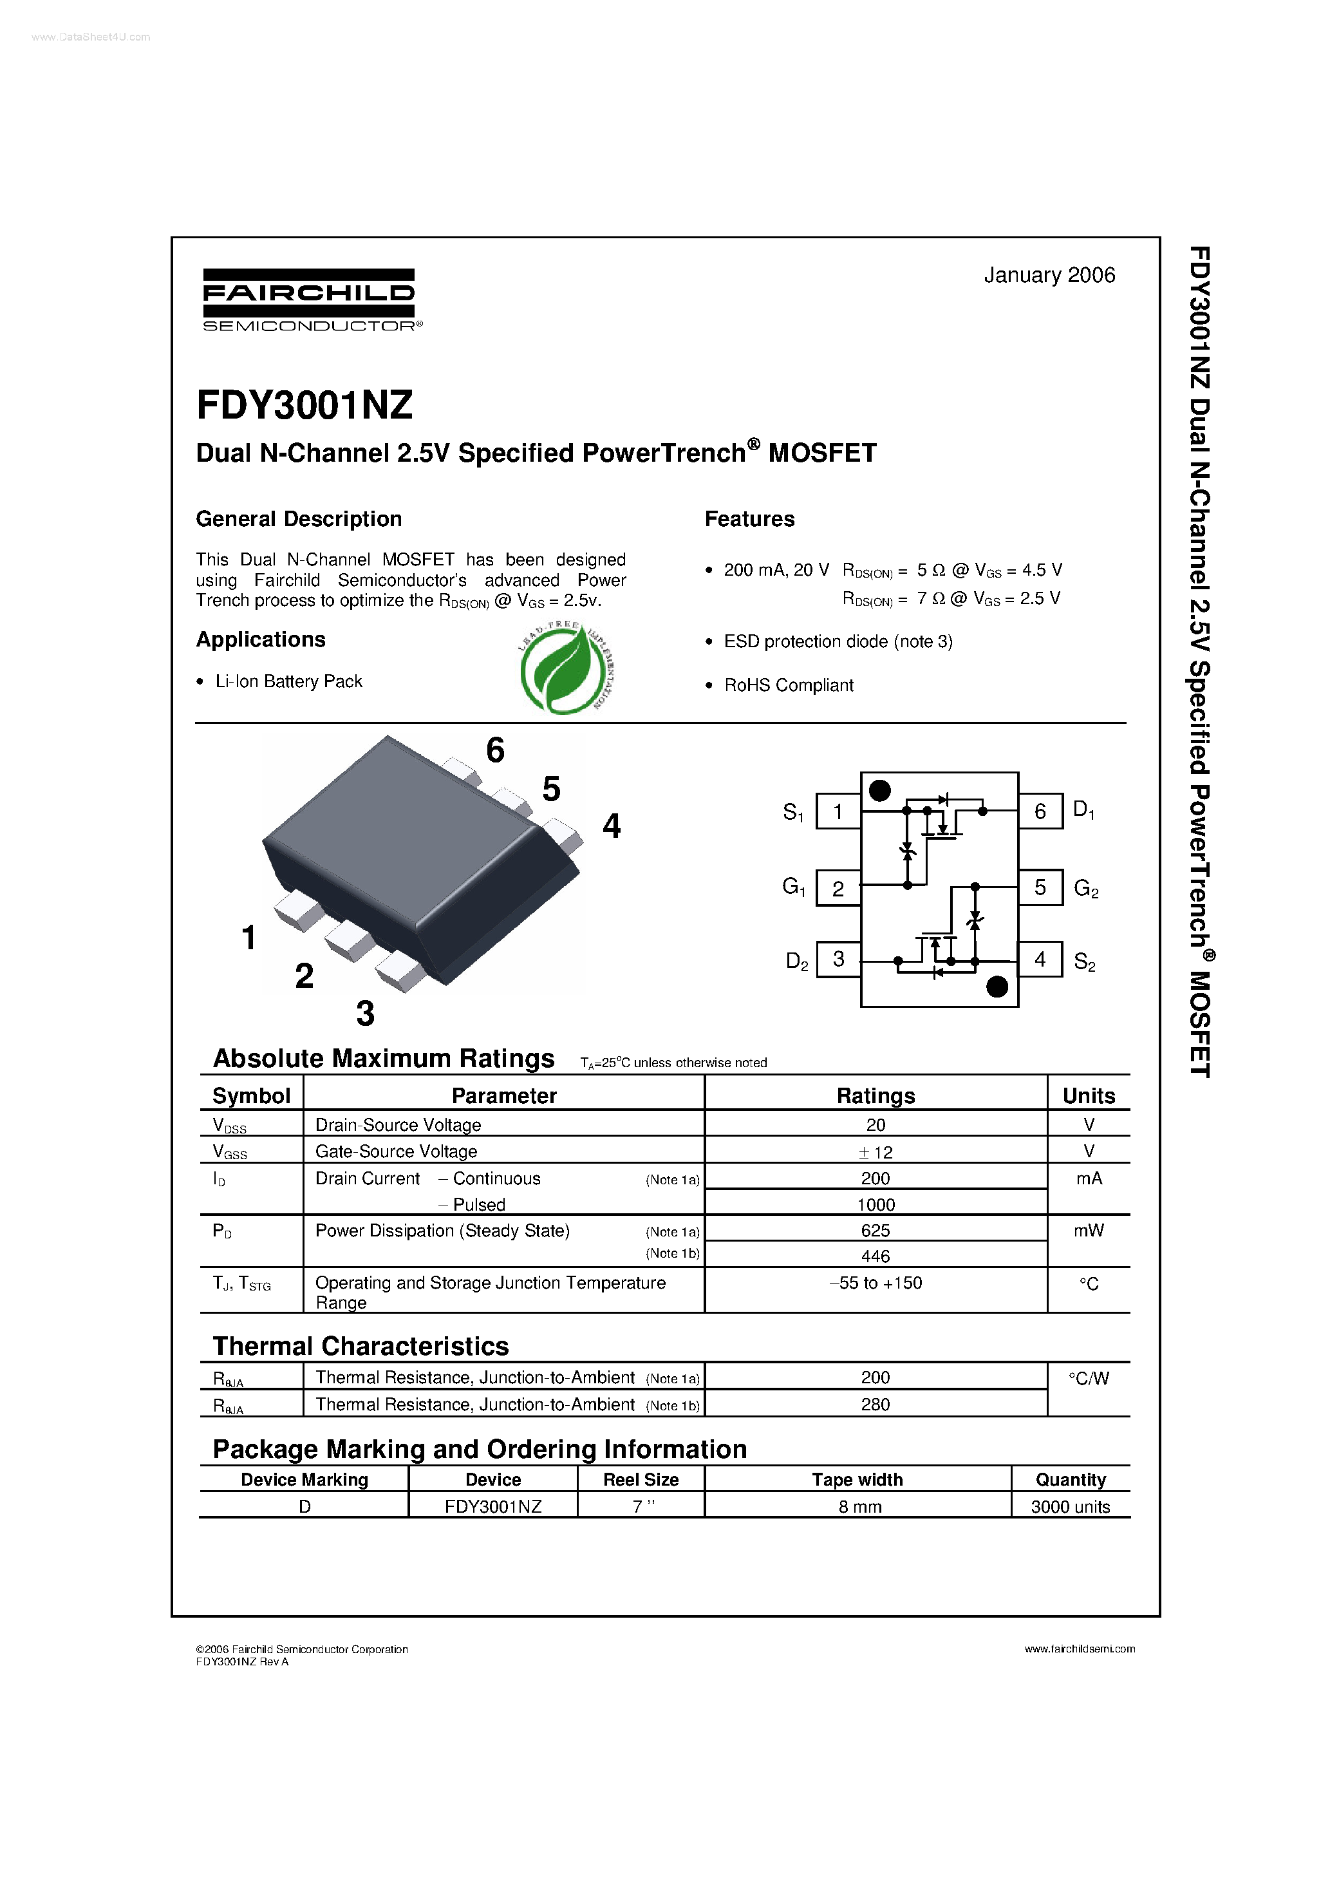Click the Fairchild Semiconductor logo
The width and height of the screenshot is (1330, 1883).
point(309,299)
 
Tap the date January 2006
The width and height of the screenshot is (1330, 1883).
point(1049,275)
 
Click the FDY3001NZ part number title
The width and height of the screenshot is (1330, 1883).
point(304,405)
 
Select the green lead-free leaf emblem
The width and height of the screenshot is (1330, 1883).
point(567,668)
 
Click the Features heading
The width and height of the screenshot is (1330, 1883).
point(749,519)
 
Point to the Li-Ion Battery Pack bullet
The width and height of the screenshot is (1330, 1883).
point(288,681)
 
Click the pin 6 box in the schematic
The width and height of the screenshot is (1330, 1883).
point(1040,811)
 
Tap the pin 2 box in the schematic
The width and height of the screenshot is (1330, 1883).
point(838,888)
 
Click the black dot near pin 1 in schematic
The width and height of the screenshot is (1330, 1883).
point(879,791)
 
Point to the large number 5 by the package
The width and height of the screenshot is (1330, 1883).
point(551,789)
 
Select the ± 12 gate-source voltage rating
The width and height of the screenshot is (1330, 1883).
point(875,1152)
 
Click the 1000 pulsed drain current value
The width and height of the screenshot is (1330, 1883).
point(875,1205)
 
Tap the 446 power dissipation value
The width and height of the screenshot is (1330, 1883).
point(875,1256)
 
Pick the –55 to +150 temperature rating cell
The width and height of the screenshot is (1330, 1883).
point(875,1283)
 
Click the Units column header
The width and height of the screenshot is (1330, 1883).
point(1088,1095)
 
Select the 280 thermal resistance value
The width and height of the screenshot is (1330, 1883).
point(875,1404)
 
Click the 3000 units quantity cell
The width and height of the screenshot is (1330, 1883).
point(1070,1506)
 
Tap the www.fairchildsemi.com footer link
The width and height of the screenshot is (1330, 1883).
point(1079,1649)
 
